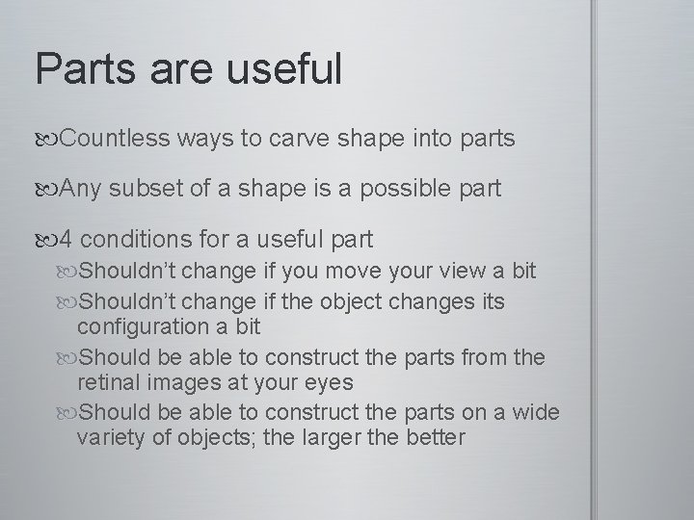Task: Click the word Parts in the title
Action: [83, 68]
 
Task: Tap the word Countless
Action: [116, 140]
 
